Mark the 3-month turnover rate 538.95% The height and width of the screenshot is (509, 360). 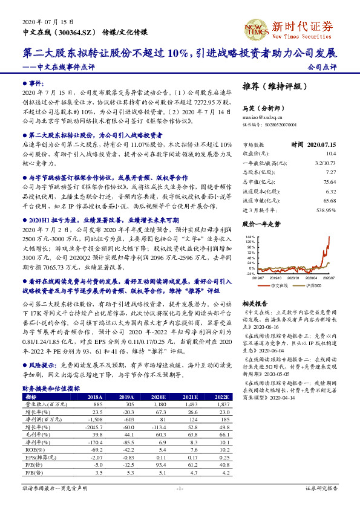tap(326, 210)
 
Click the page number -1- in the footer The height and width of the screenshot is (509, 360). tap(180, 488)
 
